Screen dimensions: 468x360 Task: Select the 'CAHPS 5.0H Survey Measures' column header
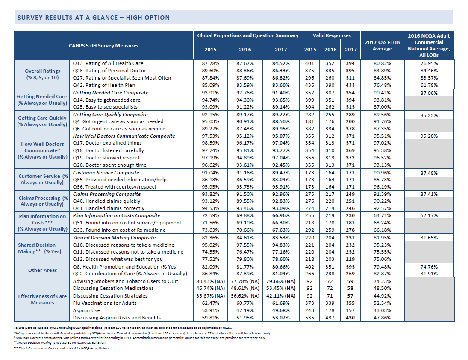click(103, 46)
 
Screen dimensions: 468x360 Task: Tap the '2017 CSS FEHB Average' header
click(382, 45)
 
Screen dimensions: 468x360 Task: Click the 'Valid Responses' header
click(332, 35)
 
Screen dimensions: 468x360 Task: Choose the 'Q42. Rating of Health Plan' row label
click(104, 85)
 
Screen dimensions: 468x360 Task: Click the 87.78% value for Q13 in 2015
click(210, 63)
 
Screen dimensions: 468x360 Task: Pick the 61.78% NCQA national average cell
click(429, 85)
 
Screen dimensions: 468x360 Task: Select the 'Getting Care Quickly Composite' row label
click(110, 115)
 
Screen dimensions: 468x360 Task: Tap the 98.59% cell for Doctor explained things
click(210, 143)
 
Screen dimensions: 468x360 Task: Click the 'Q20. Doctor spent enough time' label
click(109, 165)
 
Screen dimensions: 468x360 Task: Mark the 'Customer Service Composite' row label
click(106, 173)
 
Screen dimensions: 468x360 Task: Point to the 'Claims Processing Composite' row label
click(106, 194)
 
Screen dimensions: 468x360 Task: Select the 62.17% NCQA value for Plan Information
click(429, 215)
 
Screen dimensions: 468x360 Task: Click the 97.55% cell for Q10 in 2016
click(245, 245)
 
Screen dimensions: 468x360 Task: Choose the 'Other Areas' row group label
click(42, 270)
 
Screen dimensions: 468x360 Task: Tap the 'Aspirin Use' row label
click(86, 310)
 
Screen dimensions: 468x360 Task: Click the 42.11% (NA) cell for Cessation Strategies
click(281, 296)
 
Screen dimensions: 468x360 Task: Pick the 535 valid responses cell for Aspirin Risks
click(309, 318)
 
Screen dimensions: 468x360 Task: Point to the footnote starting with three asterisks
click(62, 348)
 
